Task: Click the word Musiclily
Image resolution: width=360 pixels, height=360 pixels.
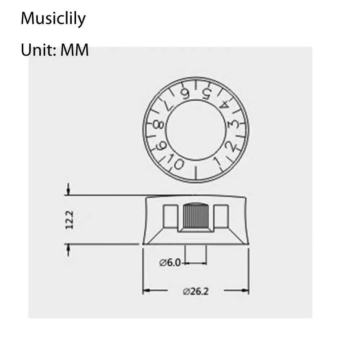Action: click(53, 19)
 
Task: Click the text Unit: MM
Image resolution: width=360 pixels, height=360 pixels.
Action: click(55, 50)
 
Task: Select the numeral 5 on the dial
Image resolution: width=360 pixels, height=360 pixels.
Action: click(206, 94)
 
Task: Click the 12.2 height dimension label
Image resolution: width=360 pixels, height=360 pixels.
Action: click(69, 220)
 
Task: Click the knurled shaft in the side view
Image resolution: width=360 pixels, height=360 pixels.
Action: click(196, 216)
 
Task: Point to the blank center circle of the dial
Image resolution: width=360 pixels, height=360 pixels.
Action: click(196, 133)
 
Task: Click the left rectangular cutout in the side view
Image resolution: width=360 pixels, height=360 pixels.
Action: click(170, 216)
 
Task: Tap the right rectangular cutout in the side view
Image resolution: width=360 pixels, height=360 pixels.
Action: click(221, 216)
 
